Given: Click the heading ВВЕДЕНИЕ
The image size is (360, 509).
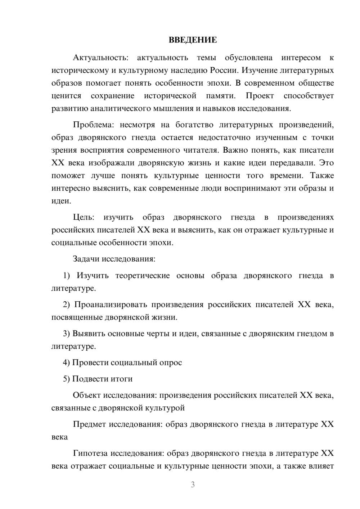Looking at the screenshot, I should (193, 40).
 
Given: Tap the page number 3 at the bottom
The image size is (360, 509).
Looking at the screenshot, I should (193, 485).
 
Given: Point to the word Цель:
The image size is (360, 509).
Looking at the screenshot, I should (84, 217).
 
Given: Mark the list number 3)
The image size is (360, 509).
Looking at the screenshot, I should (67, 334).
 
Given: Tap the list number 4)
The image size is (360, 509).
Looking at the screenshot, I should (67, 362).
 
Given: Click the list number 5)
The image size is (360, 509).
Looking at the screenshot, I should (67, 379).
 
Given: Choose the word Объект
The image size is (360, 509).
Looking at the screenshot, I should (87, 396).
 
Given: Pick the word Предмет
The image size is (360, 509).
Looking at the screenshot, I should (89, 424).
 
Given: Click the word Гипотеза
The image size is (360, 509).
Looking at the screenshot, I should (90, 454).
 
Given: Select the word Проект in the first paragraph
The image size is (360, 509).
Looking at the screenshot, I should (260, 96).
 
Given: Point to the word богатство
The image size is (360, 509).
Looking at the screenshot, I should (194, 125).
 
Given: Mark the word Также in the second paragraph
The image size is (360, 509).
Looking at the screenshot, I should (322, 176).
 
